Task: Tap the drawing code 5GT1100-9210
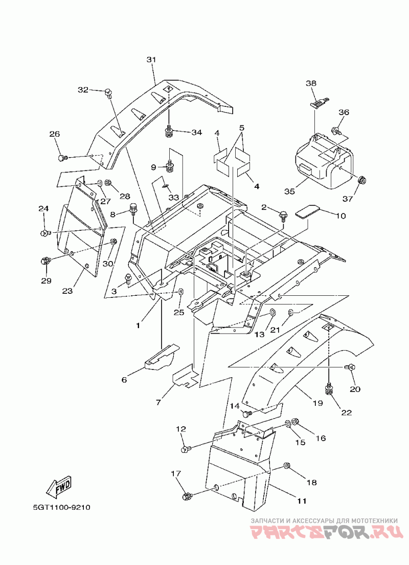pos(61,507)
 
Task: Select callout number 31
pos(151,59)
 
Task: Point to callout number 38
pos(311,83)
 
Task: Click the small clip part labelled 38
pos(319,102)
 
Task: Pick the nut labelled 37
pos(362,179)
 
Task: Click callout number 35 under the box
pos(289,191)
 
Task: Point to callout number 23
pos(67,290)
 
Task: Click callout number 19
pos(317,403)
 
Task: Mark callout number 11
pos(302,501)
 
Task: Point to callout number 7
pos(158,402)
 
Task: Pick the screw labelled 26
pos(63,158)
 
